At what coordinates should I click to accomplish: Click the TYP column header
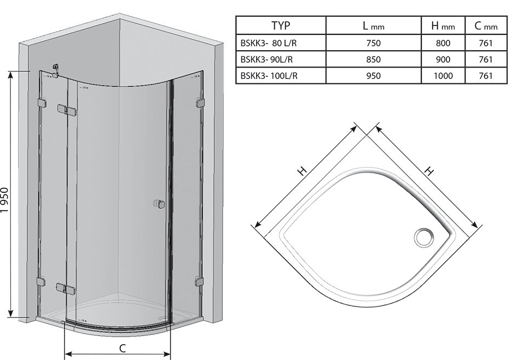tap(281, 25)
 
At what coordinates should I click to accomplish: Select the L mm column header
tap(373, 26)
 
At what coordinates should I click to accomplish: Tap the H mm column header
tap(443, 26)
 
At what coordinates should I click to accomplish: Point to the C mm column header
tap(486, 26)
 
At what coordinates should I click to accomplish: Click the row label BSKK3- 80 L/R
tap(269, 43)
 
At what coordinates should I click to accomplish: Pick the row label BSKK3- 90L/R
tap(266, 59)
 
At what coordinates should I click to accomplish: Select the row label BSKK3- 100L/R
tap(269, 76)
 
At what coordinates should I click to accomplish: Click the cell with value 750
tap(373, 43)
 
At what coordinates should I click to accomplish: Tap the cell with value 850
tap(373, 59)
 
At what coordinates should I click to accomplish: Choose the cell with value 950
tap(373, 76)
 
